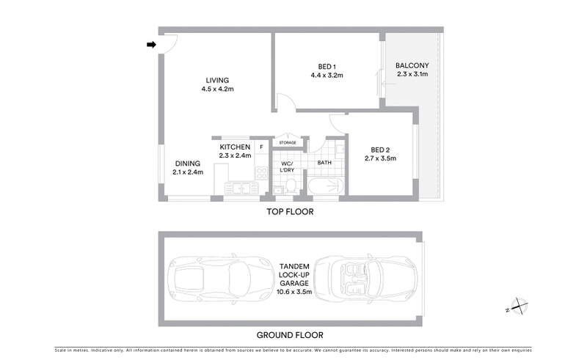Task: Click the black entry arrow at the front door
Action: (x=151, y=45)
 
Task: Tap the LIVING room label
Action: (x=217, y=81)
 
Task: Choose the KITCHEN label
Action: (x=235, y=147)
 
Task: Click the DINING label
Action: (x=187, y=164)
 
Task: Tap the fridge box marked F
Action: (x=261, y=146)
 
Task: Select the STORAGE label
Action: (x=288, y=142)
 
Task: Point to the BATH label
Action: (x=324, y=163)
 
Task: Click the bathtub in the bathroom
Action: (x=325, y=186)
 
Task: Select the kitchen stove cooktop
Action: (x=260, y=173)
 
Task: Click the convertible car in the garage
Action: (x=357, y=279)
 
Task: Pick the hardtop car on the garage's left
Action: (x=213, y=279)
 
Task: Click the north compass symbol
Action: (x=518, y=306)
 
